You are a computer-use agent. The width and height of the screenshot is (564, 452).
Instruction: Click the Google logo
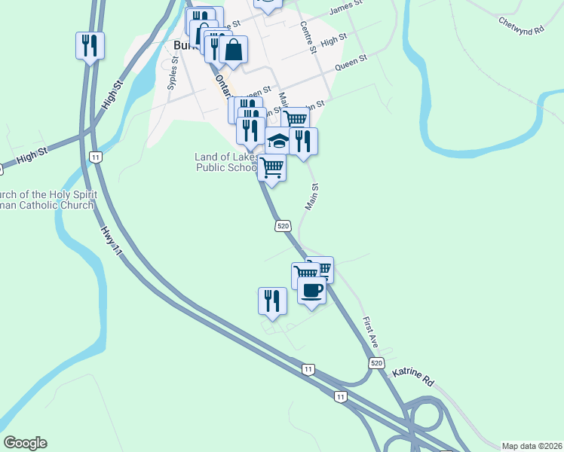coord(25,443)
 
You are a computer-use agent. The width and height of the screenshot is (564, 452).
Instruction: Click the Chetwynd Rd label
coord(521,26)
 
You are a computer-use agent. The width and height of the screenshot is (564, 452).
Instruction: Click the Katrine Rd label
coord(413,377)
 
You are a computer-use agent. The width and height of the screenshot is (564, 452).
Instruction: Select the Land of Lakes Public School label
coord(226,162)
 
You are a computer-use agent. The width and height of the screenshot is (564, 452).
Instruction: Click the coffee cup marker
coord(311,290)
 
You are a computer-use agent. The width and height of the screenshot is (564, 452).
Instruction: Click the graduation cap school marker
coord(278,141)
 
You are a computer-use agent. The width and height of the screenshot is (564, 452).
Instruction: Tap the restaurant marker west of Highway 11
coord(90,46)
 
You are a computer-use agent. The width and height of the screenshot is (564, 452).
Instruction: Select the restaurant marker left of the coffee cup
coord(272,301)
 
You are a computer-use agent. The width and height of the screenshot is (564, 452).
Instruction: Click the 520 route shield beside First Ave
coord(377,363)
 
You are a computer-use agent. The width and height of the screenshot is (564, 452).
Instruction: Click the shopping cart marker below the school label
coord(272,166)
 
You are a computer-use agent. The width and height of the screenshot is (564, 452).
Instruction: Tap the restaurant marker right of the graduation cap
coord(302,141)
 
